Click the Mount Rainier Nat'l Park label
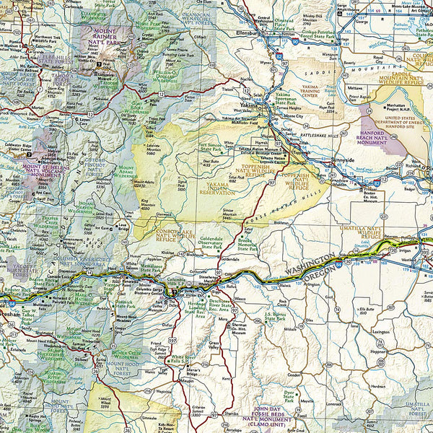pos(108,36)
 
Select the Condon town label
pos(294,375)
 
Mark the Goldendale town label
pos(229,258)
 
